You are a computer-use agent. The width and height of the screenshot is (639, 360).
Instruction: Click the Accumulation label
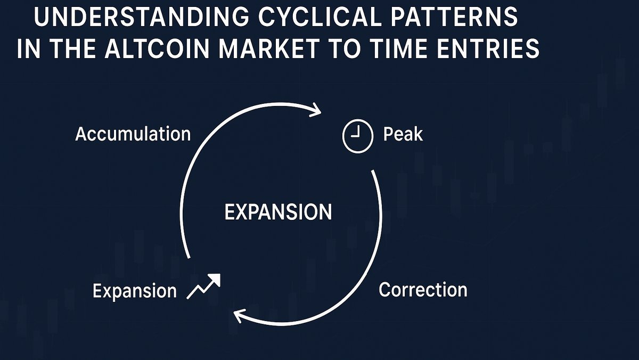coord(133,134)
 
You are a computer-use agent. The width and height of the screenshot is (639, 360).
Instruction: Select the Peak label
coord(403,134)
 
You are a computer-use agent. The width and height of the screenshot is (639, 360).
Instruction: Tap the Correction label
coord(423,290)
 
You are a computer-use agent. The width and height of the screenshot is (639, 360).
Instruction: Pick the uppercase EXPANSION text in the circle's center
coord(278,212)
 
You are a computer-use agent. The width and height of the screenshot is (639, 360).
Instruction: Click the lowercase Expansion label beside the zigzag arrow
coord(134,291)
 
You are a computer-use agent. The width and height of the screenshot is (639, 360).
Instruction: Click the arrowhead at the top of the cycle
coord(315,110)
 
